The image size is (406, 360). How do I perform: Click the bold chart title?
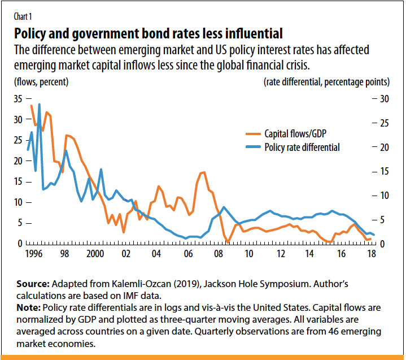pos(148,32)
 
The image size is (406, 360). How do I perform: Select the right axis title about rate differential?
pos(326,82)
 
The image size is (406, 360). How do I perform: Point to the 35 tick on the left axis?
pos(19,99)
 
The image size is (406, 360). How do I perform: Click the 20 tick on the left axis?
pos(19,161)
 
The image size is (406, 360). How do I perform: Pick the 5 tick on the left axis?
pos(21,223)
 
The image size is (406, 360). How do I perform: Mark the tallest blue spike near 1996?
pos(39,105)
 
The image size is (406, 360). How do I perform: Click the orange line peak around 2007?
pos(203,172)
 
